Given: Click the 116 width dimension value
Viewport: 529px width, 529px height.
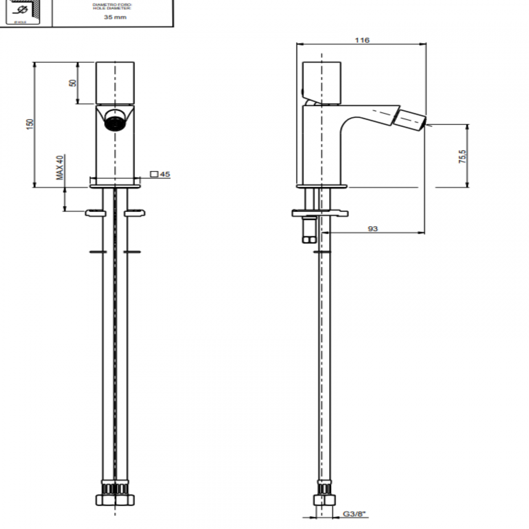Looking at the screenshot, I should [x=362, y=40].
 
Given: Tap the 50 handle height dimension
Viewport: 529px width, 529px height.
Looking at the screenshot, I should [x=73, y=83].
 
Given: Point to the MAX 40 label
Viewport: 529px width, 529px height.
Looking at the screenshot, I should [x=60, y=167].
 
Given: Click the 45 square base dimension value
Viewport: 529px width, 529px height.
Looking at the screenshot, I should [x=165, y=174].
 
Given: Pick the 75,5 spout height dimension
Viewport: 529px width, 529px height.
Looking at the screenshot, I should [x=463, y=156].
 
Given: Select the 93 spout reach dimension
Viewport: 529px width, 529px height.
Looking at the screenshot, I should [x=373, y=229].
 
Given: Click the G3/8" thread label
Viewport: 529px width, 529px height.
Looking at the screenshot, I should [x=355, y=514].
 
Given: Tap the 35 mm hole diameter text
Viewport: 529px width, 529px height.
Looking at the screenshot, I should [x=115, y=17].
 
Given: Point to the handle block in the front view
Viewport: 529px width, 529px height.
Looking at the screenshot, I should [x=115, y=83].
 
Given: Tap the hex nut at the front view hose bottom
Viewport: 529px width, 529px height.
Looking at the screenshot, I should [x=115, y=500].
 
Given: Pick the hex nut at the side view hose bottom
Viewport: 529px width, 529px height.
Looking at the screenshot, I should [x=324, y=500].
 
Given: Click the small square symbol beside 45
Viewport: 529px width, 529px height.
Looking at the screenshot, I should [x=154, y=174].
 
